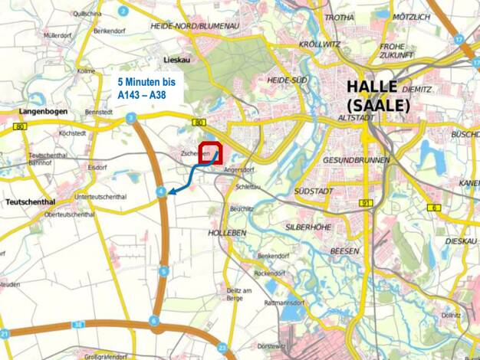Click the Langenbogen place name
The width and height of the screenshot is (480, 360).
[x=41, y=111]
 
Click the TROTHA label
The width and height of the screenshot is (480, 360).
[x=340, y=17]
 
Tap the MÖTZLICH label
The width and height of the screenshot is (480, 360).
[x=410, y=16]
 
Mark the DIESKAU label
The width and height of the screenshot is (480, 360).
[x=459, y=241]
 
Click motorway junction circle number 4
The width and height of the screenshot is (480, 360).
[x=159, y=191]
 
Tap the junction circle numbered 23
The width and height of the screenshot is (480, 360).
[x=222, y=346]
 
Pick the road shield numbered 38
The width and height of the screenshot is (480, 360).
[x=77, y=325]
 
